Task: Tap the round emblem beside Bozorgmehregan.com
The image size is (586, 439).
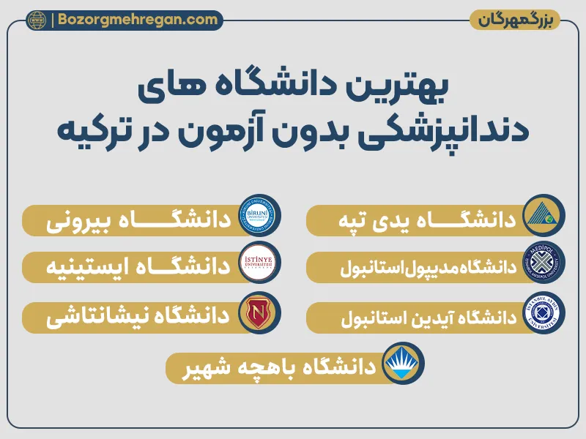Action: pos(36,20)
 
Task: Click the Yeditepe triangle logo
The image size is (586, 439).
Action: pos(544,219)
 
